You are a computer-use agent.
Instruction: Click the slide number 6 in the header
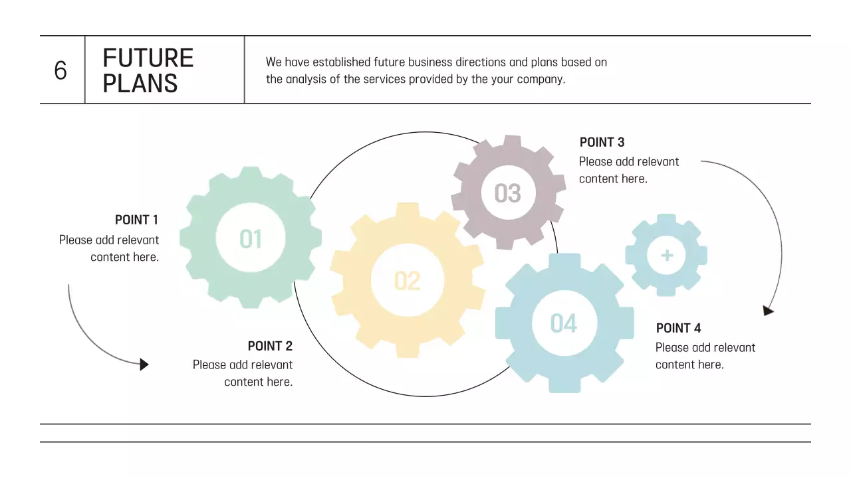pyautogui.click(x=61, y=70)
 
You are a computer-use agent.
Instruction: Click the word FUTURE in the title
pyautogui.click(x=148, y=58)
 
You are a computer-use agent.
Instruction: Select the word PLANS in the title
pyautogui.click(x=140, y=84)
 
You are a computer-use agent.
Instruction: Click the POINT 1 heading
pyautogui.click(x=136, y=220)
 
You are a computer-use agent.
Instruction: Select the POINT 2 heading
pyautogui.click(x=270, y=346)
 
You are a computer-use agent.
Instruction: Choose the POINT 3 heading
pyautogui.click(x=602, y=142)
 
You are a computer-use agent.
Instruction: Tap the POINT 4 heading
pyautogui.click(x=678, y=328)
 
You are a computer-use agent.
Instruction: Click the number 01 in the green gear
pyautogui.click(x=251, y=239)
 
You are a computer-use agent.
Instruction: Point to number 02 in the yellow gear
pyautogui.click(x=408, y=281)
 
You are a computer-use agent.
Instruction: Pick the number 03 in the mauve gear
pyautogui.click(x=508, y=193)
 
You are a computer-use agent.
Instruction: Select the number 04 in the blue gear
pyautogui.click(x=564, y=323)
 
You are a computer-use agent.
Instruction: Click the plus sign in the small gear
pyautogui.click(x=667, y=256)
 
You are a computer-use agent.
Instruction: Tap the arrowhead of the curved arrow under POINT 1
pyautogui.click(x=144, y=364)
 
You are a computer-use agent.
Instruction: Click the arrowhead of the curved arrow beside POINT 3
pyautogui.click(x=768, y=310)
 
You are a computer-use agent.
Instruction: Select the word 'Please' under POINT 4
pyautogui.click(x=672, y=347)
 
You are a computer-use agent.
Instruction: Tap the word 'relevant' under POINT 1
pyautogui.click(x=138, y=240)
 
